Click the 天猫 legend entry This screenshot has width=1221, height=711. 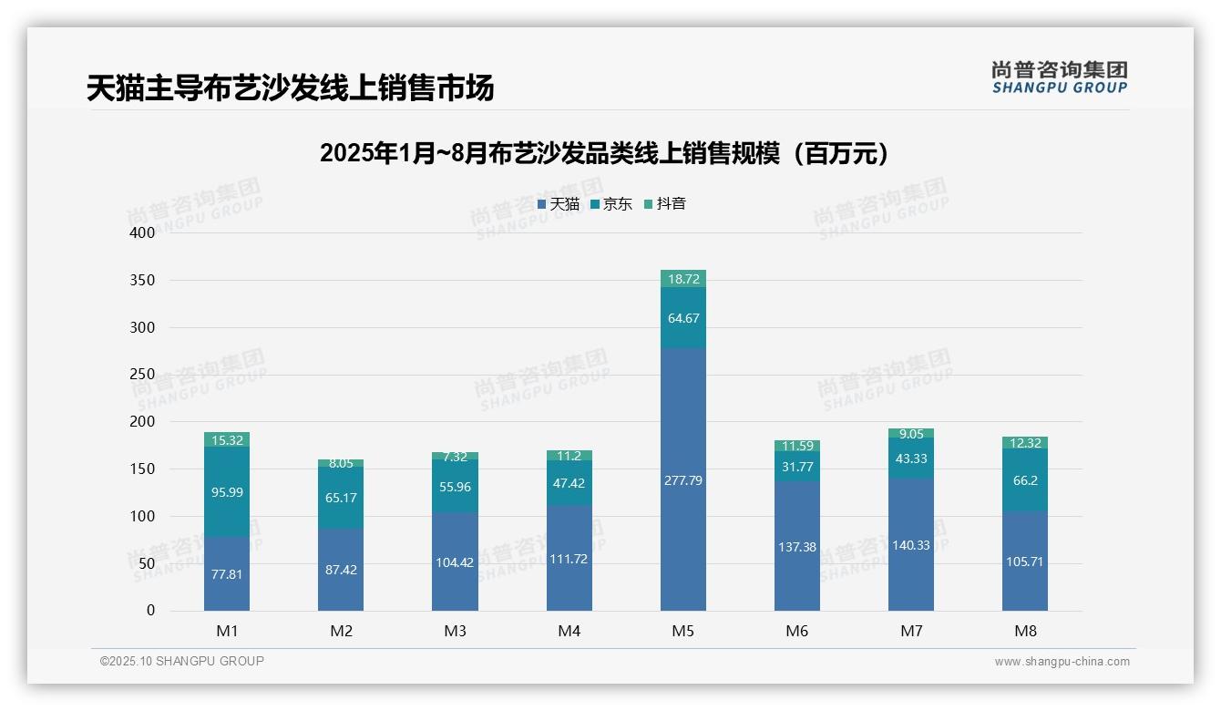[559, 204]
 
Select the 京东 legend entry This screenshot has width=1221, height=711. [611, 204]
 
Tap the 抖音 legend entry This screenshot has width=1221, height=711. [665, 204]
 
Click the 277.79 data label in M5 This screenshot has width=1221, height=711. [682, 480]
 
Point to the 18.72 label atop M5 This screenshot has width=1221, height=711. [682, 279]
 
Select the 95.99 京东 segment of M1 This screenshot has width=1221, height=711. [227, 492]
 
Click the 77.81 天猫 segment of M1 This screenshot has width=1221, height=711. [227, 574]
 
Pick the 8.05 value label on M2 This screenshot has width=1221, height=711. [341, 463]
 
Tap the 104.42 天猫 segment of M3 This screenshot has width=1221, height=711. [455, 562]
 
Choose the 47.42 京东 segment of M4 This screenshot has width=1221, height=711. [569, 483]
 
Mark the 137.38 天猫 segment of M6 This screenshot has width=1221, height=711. [797, 547]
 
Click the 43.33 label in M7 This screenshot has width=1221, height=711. [911, 459]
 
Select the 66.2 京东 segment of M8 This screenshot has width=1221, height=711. [1025, 480]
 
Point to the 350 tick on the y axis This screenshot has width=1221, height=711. [142, 280]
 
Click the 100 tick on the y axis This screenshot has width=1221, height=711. [142, 516]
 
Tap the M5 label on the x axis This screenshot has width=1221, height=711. [682, 631]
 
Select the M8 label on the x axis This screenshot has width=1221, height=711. [1025, 631]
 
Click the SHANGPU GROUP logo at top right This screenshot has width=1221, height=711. [1059, 77]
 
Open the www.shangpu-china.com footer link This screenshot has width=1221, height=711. [1062, 662]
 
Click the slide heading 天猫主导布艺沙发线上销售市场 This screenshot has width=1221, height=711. [290, 88]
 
